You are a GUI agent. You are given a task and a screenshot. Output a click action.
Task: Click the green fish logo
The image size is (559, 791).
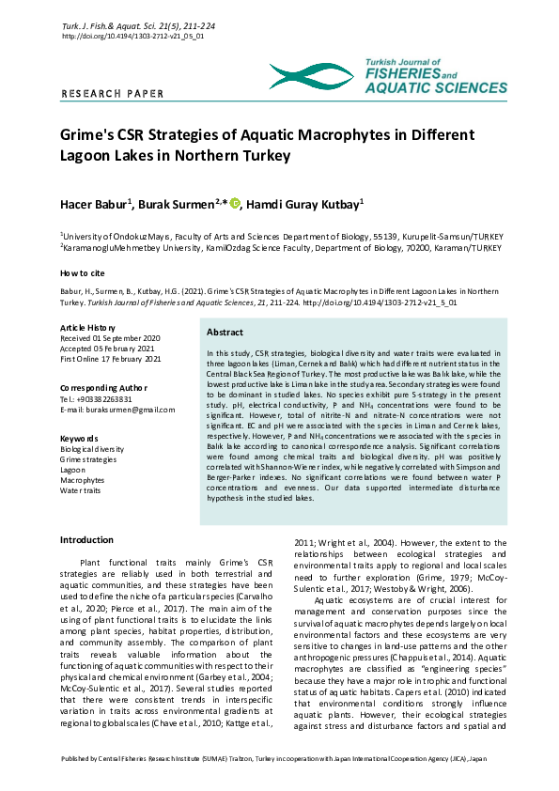click(x=311, y=75)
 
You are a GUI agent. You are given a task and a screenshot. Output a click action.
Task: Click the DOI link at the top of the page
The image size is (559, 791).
click(x=132, y=36)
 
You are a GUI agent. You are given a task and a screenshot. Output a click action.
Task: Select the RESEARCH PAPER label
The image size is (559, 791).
click(x=112, y=94)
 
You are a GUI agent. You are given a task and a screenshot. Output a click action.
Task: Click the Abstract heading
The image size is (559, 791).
click(x=225, y=333)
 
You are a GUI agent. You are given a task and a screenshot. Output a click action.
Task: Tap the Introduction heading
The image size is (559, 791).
click(x=86, y=540)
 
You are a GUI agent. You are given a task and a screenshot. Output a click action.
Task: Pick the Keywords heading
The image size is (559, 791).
click(x=79, y=439)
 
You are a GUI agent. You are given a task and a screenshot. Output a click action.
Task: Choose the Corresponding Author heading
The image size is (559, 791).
click(x=103, y=387)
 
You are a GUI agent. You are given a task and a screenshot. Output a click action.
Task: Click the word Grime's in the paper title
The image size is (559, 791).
click(x=88, y=135)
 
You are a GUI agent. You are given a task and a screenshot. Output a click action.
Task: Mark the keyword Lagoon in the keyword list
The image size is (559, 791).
click(x=73, y=470)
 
